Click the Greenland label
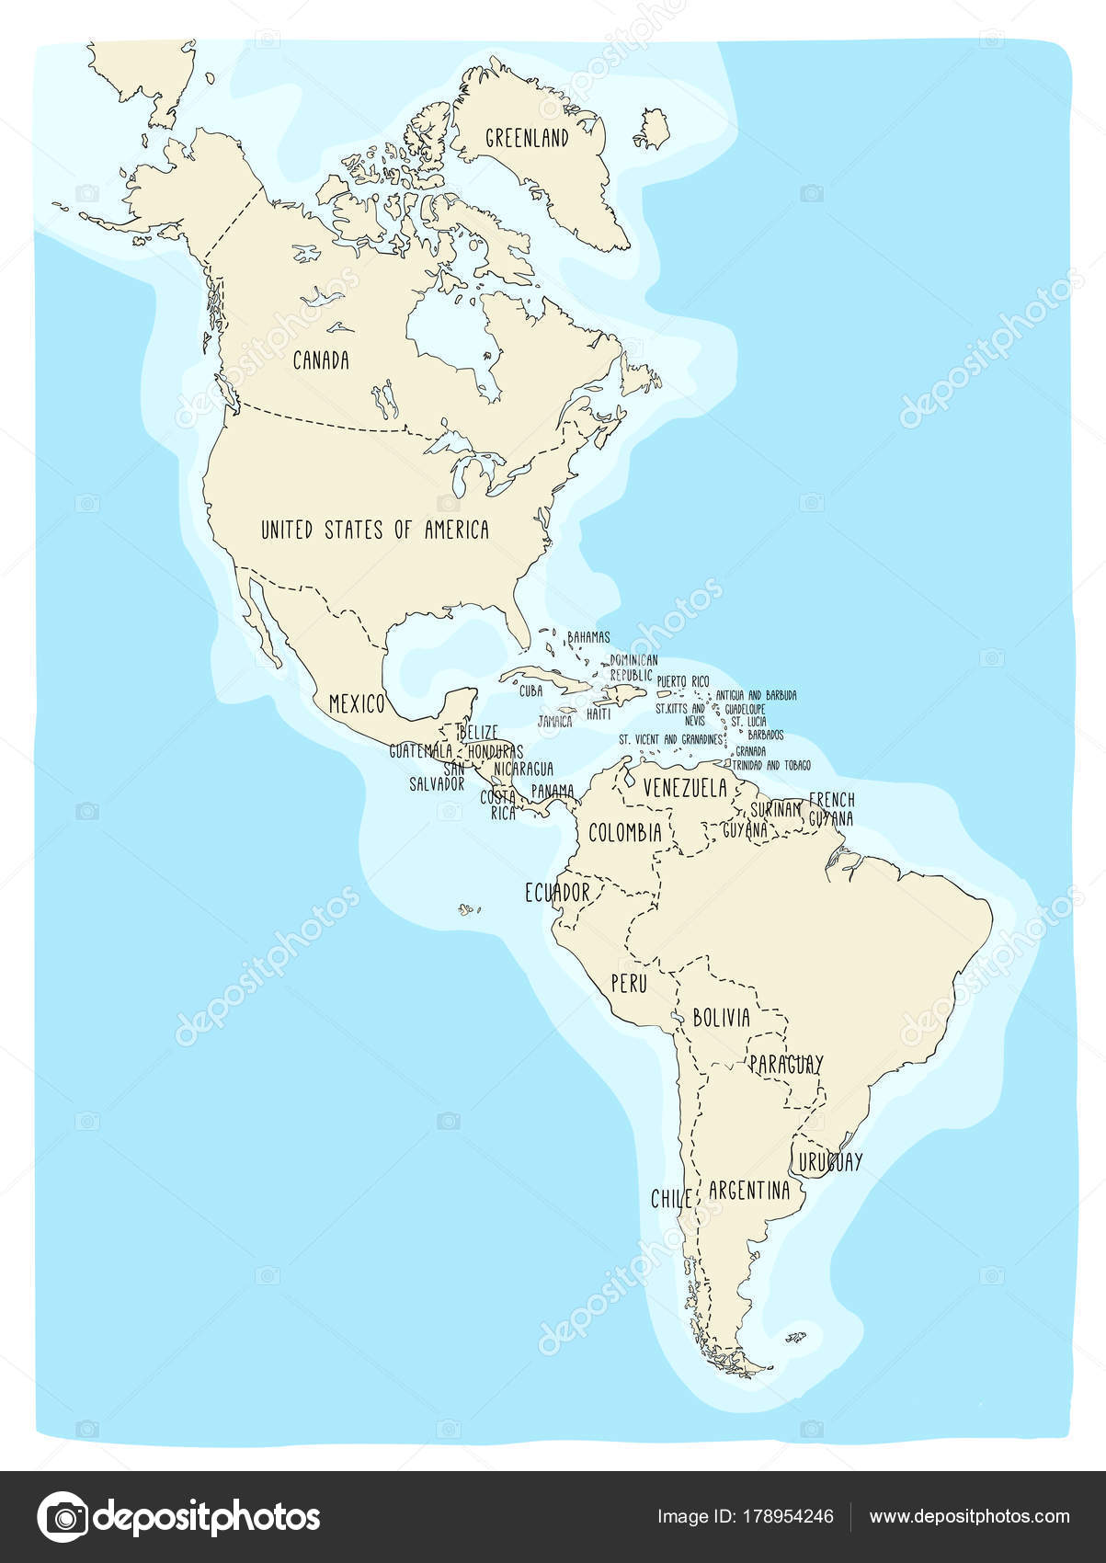click(527, 138)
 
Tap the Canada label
click(321, 360)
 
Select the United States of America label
click(375, 530)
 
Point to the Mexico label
click(356, 704)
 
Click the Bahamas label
click(588, 636)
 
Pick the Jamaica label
click(554, 722)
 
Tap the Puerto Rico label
click(683, 681)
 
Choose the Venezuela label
click(685, 788)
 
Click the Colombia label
click(625, 833)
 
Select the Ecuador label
click(557, 892)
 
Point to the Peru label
click(630, 983)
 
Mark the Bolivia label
click(722, 1018)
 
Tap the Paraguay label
click(786, 1064)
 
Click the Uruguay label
click(831, 1161)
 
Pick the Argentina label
click(749, 1191)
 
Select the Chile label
click(671, 1199)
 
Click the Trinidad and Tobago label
click(771, 765)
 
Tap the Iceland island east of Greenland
click(653, 129)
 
